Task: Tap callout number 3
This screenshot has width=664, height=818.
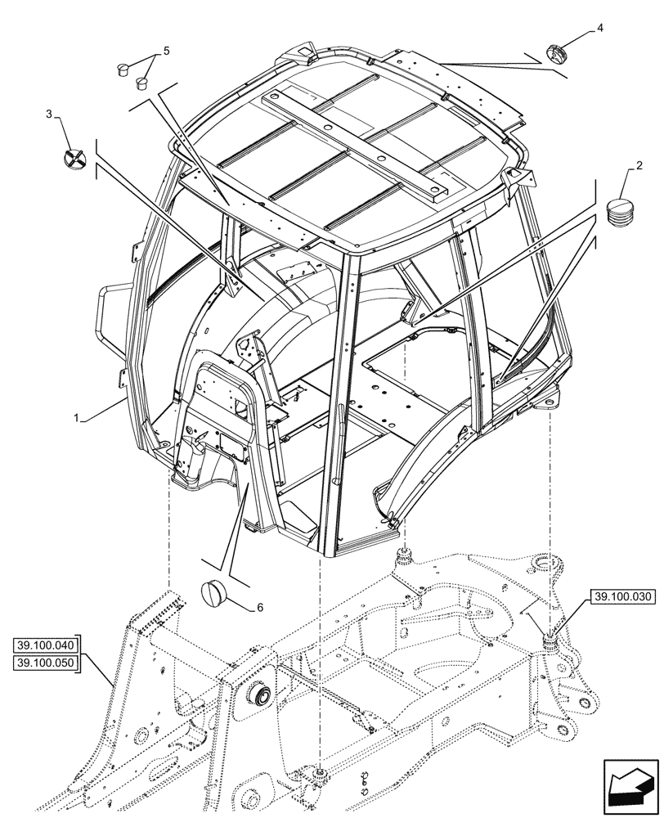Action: [49, 114]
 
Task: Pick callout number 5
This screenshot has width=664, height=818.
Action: [166, 51]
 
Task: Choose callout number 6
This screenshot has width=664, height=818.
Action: [260, 607]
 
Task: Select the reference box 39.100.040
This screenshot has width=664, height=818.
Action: [44, 645]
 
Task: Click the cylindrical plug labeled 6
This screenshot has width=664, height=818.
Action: [215, 591]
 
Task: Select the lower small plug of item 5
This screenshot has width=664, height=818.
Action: [142, 82]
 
